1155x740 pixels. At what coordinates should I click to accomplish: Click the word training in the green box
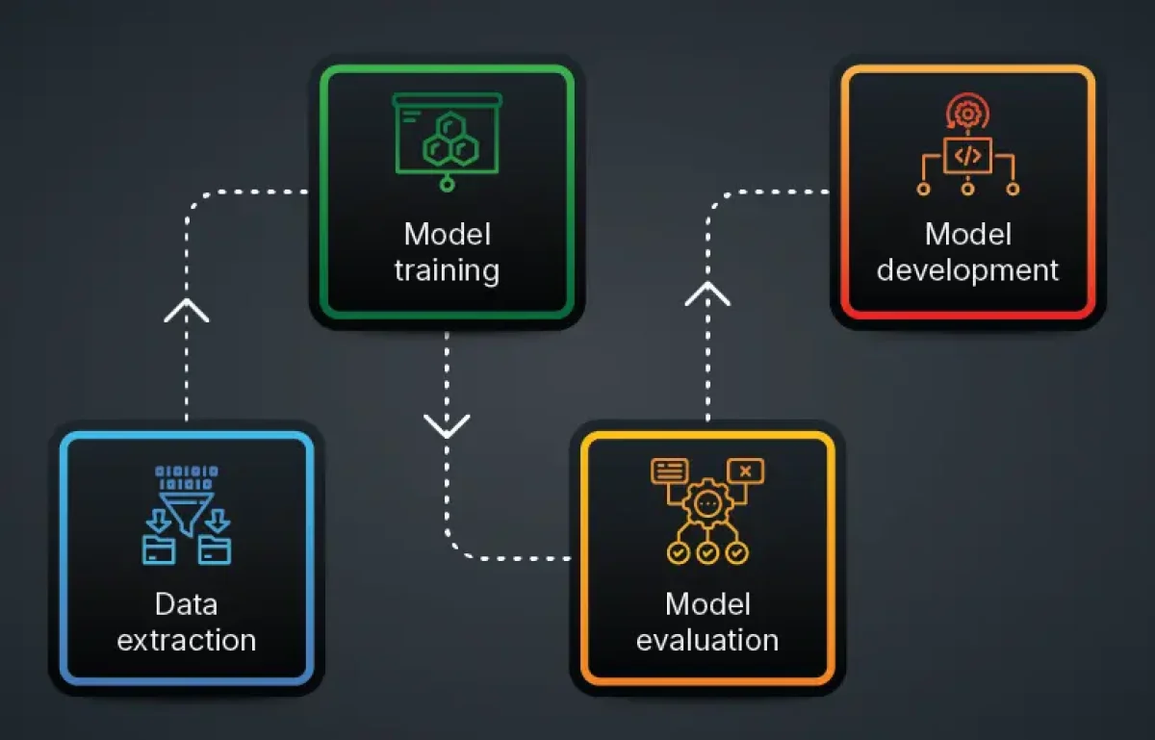tap(447, 270)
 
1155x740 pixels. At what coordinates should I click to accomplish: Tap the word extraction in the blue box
tap(187, 640)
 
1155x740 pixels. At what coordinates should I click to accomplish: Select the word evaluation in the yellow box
tap(707, 640)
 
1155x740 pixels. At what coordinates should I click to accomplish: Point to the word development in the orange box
tap(968, 270)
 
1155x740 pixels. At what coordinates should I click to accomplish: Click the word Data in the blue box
tap(186, 604)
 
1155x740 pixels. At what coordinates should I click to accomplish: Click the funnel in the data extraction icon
tap(187, 513)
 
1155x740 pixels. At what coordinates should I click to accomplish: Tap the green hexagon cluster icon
tap(450, 140)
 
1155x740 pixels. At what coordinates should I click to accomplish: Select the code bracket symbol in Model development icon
tap(968, 155)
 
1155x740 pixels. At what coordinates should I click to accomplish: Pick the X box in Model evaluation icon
tap(746, 471)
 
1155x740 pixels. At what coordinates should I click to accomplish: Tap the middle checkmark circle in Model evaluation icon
tap(707, 553)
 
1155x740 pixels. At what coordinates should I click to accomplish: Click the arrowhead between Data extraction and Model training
tap(187, 310)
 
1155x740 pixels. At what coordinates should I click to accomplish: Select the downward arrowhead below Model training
tap(447, 426)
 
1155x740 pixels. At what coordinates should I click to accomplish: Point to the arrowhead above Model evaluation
tap(707, 293)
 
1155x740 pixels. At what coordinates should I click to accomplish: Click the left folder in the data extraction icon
tap(159, 549)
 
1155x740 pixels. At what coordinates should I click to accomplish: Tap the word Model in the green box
tap(447, 235)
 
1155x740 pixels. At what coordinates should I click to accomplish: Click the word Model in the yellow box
tap(707, 604)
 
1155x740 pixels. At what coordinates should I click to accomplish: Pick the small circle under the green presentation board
tap(447, 184)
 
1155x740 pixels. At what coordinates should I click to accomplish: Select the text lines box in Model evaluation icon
tap(670, 471)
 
